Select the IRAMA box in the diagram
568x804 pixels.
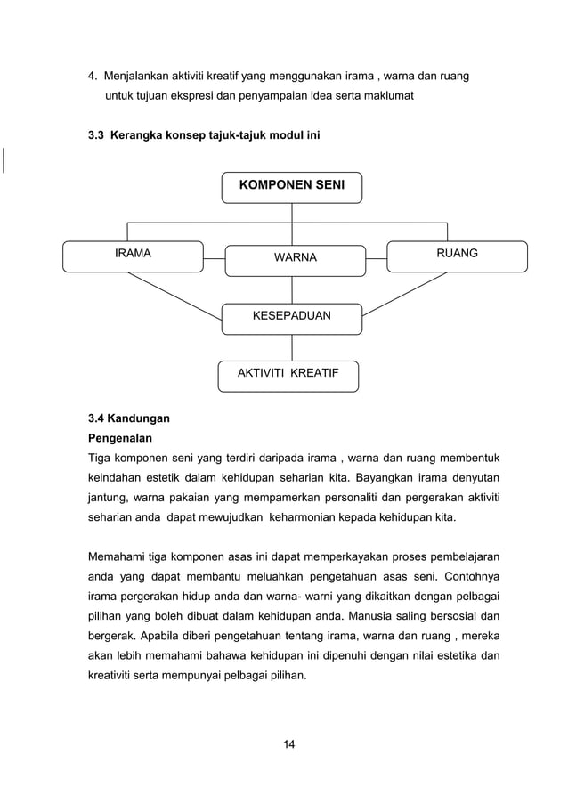pyautogui.click(x=133, y=256)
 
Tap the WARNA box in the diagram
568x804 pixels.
pyautogui.click(x=294, y=259)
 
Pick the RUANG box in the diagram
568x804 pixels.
pyautogui.click(x=457, y=256)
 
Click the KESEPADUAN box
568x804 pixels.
pyautogui.click(x=292, y=316)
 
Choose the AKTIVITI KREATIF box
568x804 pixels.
pyautogui.click(x=288, y=375)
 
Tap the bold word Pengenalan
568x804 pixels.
pyautogui.click(x=119, y=438)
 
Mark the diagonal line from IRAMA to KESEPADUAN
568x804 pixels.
pyautogui.click(x=174, y=294)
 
